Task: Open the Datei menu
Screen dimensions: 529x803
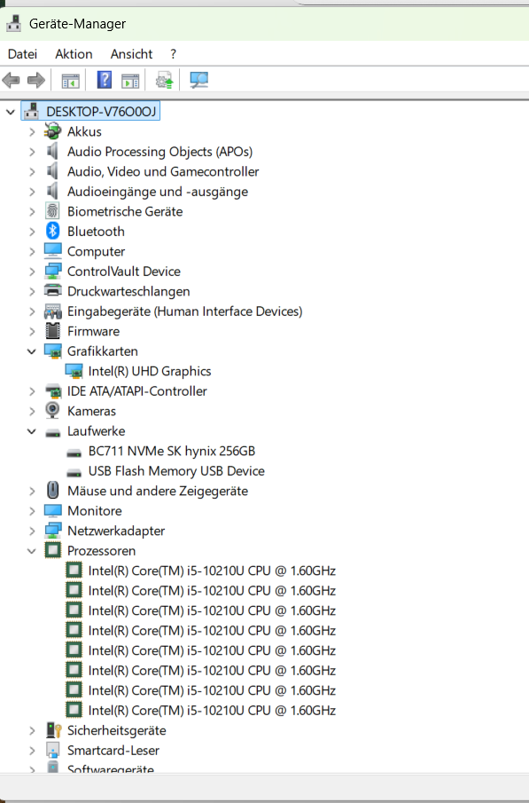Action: [x=22, y=54]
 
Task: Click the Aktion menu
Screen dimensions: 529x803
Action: [x=74, y=54]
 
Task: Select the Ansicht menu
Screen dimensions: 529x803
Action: [x=131, y=54]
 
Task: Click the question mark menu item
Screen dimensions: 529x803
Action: [x=174, y=54]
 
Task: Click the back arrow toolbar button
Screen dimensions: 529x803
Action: [x=12, y=80]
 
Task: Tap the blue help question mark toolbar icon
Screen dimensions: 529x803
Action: [x=105, y=80]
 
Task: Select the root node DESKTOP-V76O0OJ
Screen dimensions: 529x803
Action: [x=101, y=111]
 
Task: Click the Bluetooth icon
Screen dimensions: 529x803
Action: [x=52, y=231]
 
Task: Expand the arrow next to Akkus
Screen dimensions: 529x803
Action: [x=32, y=131]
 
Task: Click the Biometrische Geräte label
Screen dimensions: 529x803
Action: [x=125, y=211]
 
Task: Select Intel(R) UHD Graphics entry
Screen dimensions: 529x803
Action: [x=150, y=371]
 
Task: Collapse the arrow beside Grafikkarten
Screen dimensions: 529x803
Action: [x=32, y=351]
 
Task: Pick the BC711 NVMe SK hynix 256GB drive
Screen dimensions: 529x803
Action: [x=171, y=451]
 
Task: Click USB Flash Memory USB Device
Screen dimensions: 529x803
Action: [x=176, y=471]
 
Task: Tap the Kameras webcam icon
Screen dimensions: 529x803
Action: [x=52, y=411]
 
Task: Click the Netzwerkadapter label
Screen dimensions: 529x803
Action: [x=116, y=531]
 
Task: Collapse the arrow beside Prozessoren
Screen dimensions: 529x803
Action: [x=32, y=551]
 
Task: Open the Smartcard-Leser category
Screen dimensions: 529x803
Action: [x=113, y=751]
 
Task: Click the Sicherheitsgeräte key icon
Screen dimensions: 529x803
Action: [x=53, y=730]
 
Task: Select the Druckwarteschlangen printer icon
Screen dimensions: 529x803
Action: [x=52, y=291]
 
